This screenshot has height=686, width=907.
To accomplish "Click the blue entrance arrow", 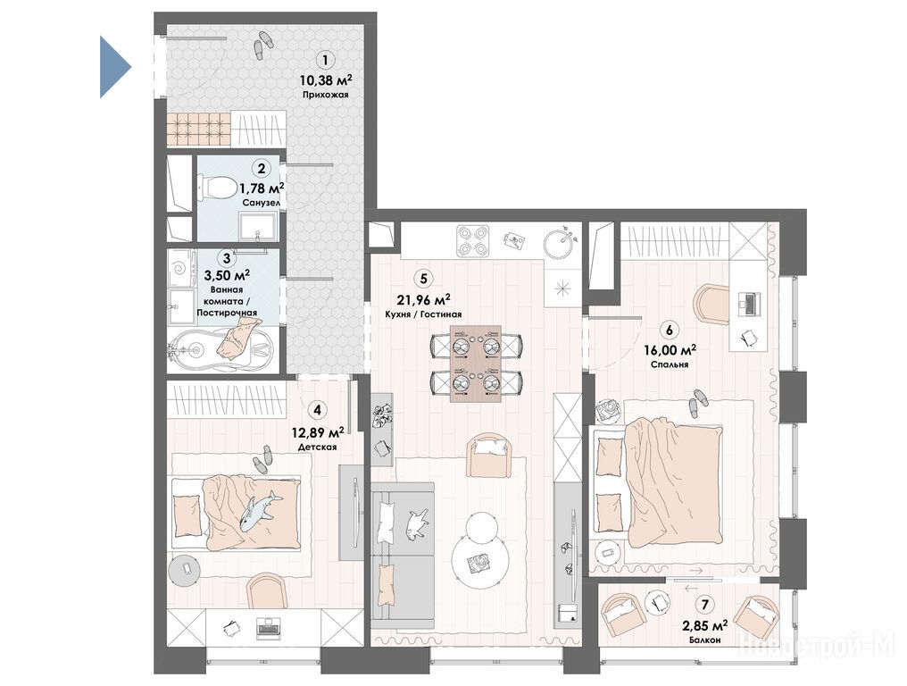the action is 114,67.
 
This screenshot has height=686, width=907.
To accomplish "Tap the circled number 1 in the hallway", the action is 325,60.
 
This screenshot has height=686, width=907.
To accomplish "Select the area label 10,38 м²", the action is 325,79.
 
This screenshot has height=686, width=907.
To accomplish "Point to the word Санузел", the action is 262,203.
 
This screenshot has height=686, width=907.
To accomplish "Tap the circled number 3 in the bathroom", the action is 226,257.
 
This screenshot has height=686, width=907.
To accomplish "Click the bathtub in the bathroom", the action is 221,348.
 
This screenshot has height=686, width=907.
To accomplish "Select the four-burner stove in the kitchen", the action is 473,241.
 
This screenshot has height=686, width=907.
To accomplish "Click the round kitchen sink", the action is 560,244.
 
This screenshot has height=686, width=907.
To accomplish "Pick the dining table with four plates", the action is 476,364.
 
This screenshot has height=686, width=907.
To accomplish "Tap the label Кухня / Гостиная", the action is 423,314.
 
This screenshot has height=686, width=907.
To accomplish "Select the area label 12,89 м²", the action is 317,432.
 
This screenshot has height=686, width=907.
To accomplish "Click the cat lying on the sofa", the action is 417,523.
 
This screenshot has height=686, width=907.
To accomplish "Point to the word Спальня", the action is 670,364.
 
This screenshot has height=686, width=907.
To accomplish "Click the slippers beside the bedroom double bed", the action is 699,402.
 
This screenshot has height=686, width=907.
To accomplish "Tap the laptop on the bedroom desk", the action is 749,302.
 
